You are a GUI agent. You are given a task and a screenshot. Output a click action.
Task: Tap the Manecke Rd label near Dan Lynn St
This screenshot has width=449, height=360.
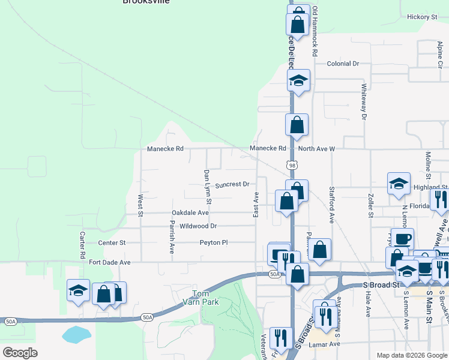(165, 148)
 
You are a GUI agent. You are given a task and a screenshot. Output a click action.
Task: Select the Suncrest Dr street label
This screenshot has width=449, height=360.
(232, 185)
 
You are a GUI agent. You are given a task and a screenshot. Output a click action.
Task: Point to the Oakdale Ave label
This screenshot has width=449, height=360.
(190, 212)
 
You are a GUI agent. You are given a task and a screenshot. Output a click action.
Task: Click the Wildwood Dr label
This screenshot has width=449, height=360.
(198, 226)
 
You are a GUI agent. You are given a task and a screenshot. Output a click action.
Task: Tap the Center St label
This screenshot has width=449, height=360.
(112, 243)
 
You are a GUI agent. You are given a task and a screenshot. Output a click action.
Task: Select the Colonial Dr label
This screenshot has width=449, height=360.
(343, 64)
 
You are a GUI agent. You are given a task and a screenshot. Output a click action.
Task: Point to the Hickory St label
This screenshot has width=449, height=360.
(421, 17)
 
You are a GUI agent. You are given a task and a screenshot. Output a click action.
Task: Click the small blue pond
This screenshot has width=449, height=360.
(76, 335)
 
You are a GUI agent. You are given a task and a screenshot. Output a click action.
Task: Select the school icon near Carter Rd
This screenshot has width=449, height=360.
(78, 292)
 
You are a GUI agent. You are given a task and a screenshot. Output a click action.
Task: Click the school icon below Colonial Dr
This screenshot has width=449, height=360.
(298, 80)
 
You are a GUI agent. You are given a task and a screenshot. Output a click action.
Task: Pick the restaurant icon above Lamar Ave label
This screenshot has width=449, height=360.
(280, 338)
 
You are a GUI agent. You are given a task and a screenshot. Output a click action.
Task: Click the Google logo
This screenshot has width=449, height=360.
(20, 353)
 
